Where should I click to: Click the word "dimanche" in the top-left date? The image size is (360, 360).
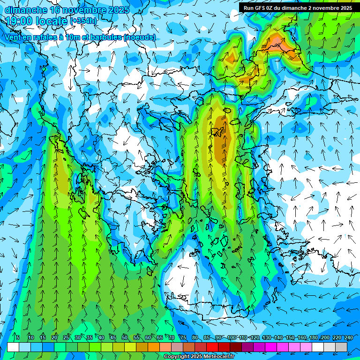coord(26,9)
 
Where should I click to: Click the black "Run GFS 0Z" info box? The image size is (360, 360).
coord(298,7)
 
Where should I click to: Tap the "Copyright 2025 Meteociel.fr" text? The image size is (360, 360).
coord(199,357)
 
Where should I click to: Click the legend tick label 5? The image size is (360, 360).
coord(17,337)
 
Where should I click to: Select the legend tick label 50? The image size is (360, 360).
coord(125,337)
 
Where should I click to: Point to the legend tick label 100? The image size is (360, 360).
coord(232,337)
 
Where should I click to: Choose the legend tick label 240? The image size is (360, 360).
coord(348,337)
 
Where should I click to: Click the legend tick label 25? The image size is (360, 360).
coord(66,337)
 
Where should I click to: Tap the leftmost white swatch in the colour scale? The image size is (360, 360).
coord(13,347)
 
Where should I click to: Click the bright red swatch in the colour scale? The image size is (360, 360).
coord(213,347)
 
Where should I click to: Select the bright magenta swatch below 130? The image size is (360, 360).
coord(271,347)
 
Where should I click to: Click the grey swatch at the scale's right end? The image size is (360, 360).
coord(341,347)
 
